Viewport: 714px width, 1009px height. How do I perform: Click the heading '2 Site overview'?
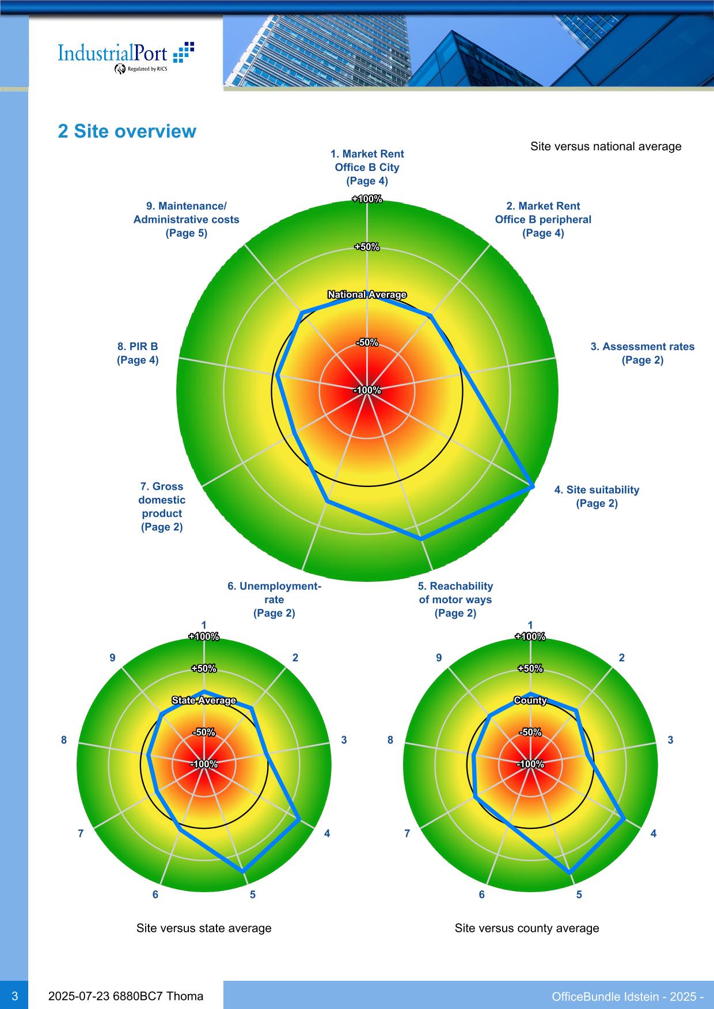(x=127, y=131)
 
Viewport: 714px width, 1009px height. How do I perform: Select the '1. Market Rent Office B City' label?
(x=367, y=167)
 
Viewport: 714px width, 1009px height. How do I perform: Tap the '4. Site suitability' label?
(x=597, y=496)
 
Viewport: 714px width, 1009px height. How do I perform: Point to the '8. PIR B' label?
(x=138, y=353)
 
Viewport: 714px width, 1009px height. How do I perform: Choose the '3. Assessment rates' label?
(x=642, y=353)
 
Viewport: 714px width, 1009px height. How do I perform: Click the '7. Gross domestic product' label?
(x=162, y=507)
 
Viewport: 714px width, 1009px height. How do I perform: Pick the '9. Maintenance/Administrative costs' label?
(x=186, y=219)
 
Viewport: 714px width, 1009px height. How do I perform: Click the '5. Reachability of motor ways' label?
(x=455, y=599)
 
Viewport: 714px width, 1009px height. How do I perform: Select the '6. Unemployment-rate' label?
(x=274, y=599)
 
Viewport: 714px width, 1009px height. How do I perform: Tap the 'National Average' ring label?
(x=367, y=295)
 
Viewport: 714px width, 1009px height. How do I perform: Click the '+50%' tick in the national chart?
(x=367, y=247)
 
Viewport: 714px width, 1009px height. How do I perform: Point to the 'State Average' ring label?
(x=204, y=700)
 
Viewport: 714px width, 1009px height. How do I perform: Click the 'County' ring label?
(x=530, y=700)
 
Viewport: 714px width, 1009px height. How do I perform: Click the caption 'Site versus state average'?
(x=204, y=928)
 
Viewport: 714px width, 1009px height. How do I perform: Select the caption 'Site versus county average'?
(x=527, y=928)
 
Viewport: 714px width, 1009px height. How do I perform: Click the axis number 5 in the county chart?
(x=579, y=894)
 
